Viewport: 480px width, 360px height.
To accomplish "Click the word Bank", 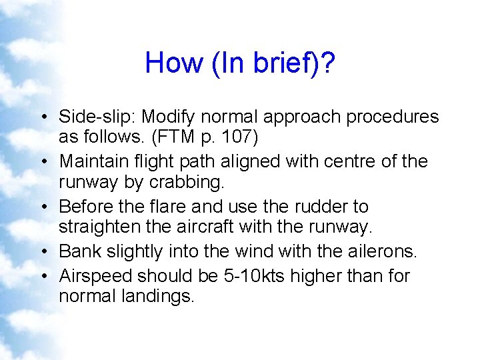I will (x=77, y=251).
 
